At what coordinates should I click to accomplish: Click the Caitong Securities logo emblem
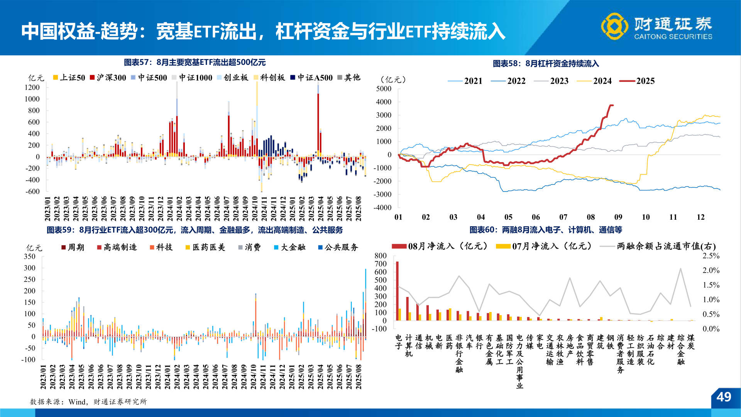614,26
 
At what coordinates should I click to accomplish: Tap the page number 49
724,397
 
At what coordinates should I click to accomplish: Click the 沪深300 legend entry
108,78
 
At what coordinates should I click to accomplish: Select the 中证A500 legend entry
311,78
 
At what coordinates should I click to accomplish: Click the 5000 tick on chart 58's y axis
384,89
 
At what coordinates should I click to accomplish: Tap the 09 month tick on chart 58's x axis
618,217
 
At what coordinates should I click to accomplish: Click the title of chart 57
195,62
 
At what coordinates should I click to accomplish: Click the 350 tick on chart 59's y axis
29,256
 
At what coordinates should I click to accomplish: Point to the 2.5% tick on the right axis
711,256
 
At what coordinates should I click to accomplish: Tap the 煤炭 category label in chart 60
691,342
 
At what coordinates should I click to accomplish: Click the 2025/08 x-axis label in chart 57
359,208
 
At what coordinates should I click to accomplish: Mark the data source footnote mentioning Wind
88,402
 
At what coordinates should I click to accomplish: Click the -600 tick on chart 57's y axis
32,192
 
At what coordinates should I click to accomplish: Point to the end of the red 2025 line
612,105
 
